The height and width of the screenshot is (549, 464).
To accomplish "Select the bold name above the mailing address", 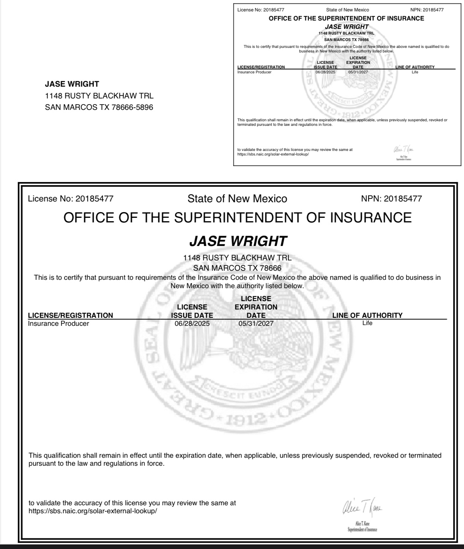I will click(x=72, y=84).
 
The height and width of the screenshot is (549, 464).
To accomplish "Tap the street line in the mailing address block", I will click(x=99, y=96).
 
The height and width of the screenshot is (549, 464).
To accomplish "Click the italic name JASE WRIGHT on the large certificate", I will click(x=238, y=241).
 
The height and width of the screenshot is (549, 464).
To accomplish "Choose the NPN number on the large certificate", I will click(x=403, y=198).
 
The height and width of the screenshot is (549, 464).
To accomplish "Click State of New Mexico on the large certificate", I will click(x=237, y=198).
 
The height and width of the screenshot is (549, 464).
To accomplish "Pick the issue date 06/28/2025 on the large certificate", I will click(x=192, y=324).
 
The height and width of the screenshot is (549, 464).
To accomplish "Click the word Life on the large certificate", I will click(x=367, y=323).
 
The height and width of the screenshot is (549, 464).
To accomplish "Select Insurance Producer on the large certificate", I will click(x=59, y=324).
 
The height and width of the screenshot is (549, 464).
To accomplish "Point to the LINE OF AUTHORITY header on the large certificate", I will click(x=367, y=315).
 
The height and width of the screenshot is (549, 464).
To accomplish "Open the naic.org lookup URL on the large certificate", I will click(x=93, y=511).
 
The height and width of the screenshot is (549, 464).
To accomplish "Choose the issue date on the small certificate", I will click(x=325, y=72).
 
